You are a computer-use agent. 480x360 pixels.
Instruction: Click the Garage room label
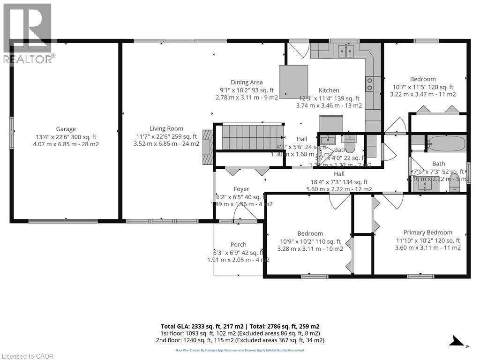click(66, 129)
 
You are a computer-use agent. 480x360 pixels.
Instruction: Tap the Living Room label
click(166, 128)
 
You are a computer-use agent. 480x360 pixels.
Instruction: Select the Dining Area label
click(247, 82)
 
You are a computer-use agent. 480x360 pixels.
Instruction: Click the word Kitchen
click(329, 90)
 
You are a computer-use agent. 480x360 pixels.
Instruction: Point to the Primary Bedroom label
click(427, 232)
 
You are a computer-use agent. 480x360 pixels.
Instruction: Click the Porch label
click(238, 244)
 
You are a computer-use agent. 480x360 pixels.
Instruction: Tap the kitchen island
click(294, 80)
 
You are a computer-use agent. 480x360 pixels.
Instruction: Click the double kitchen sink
click(346, 51)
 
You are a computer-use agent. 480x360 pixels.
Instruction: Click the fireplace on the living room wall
click(208, 146)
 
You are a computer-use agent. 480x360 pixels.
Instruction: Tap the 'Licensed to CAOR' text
click(28, 356)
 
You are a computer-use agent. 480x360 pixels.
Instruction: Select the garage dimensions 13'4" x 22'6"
click(66, 137)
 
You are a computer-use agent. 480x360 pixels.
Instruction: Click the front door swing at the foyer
click(244, 213)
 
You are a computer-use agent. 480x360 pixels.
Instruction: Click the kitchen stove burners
click(369, 84)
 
